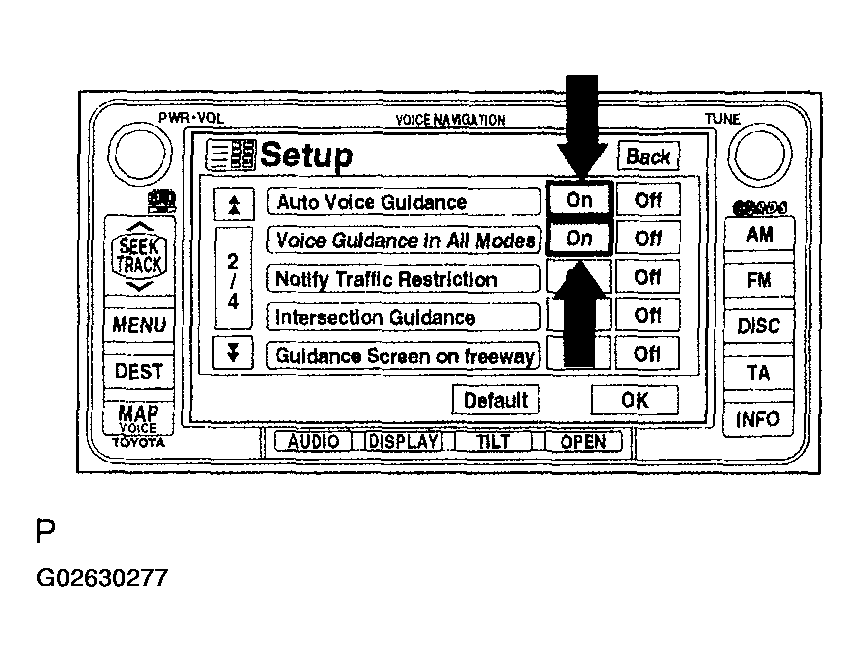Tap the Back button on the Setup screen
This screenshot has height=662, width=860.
648,157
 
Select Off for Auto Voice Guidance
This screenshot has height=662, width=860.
647,200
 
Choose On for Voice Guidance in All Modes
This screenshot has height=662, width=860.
579,239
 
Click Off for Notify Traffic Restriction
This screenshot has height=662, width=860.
647,277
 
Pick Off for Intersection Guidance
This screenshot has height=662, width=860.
647,316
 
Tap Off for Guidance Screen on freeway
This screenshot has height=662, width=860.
647,354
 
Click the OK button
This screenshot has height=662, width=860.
634,400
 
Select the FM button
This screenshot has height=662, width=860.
758,281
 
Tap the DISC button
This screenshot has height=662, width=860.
758,326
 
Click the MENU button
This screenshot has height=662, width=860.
139,325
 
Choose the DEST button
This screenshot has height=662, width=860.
139,371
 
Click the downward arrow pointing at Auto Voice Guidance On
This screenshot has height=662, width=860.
580,125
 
